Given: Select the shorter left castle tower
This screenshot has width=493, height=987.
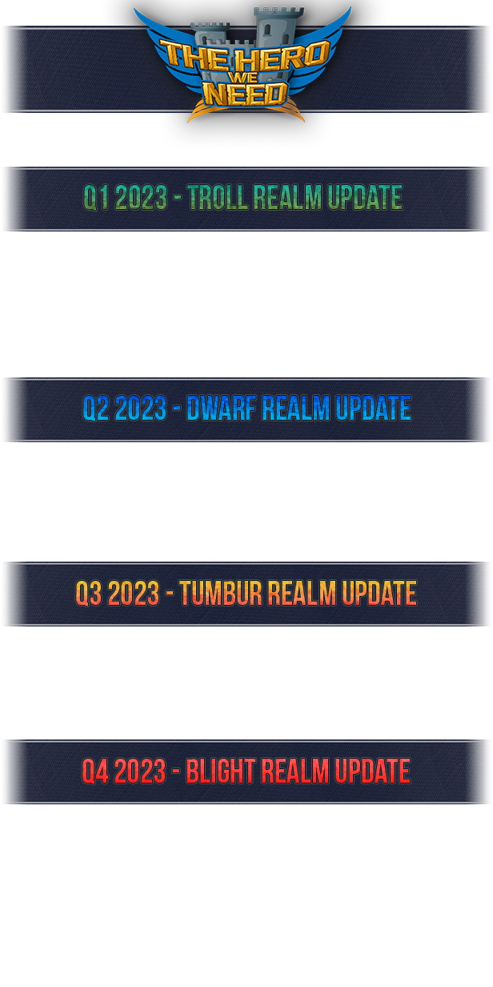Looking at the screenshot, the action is (x=210, y=35).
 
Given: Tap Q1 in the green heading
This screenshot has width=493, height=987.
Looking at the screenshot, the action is (x=95, y=197).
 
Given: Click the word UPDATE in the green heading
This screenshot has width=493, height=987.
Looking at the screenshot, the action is (x=365, y=197).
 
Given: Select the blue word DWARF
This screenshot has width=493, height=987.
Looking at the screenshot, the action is (x=222, y=408).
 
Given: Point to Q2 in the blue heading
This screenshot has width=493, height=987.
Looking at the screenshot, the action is (x=95, y=408).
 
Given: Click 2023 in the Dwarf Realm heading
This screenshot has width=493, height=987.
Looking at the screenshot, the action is (x=141, y=408).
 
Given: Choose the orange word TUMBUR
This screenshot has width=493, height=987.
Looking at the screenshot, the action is (x=221, y=593).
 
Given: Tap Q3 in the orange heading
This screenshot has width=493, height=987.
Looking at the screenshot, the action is (x=89, y=593).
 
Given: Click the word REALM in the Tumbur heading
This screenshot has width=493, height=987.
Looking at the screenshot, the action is (x=302, y=593).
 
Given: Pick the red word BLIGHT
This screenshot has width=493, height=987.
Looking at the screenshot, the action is (x=221, y=771).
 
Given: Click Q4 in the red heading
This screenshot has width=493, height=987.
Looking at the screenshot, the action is (x=95, y=771).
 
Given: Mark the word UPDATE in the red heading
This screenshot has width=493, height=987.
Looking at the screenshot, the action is (x=373, y=771).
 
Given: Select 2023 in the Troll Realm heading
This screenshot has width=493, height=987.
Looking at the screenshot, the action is (x=142, y=197).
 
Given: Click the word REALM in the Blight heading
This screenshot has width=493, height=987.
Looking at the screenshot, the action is (x=295, y=771).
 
